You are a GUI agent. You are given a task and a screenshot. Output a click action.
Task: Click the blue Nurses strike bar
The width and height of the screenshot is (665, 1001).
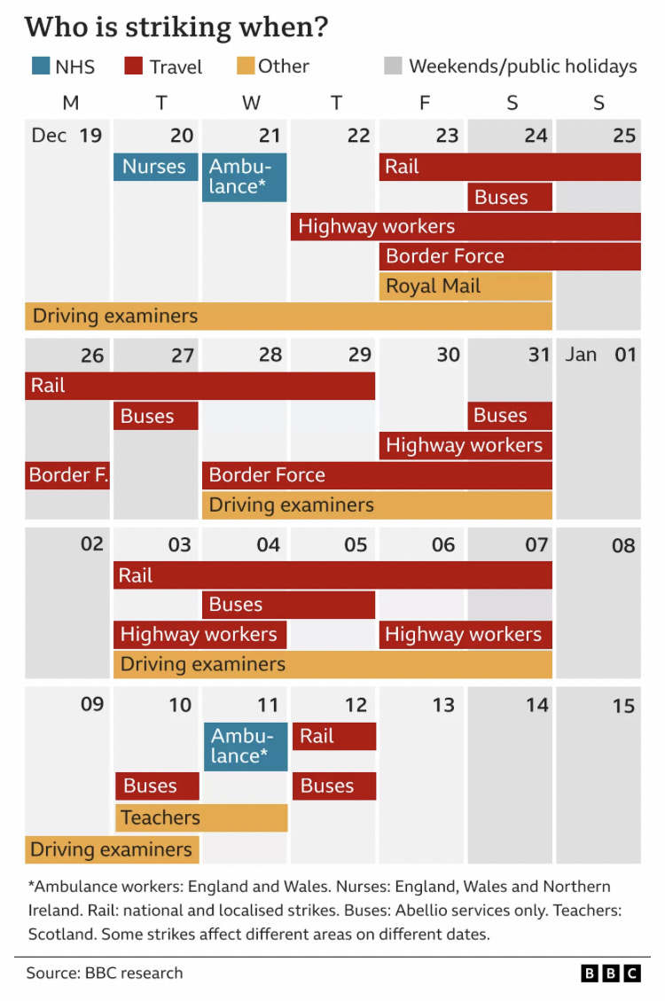tap(155, 167)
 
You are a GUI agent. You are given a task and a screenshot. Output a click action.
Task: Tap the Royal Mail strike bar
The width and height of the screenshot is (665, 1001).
tap(465, 286)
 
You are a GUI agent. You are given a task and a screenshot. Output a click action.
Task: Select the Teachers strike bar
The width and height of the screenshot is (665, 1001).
tap(201, 817)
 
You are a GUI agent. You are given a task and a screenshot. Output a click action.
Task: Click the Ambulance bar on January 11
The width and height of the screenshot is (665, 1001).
tap(246, 747)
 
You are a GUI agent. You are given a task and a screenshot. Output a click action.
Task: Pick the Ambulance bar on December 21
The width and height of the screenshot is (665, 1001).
tap(244, 177)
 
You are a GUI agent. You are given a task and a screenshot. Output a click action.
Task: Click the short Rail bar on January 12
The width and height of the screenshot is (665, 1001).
tap(333, 736)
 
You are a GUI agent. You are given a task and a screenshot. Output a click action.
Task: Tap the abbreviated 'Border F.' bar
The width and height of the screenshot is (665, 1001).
tap(67, 475)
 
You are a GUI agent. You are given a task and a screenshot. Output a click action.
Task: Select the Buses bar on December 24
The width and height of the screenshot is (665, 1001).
tap(510, 198)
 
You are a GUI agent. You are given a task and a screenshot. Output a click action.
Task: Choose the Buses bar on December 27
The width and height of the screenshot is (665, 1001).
tap(155, 416)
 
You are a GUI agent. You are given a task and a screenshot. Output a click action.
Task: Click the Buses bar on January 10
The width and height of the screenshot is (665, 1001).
tap(157, 786)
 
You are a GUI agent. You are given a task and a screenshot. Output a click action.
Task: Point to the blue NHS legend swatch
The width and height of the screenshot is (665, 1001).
tap(38, 66)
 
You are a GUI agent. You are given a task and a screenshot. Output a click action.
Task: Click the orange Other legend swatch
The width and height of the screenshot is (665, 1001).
tap(246, 66)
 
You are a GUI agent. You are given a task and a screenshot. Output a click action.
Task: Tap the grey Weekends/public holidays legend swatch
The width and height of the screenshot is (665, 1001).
tap(394, 66)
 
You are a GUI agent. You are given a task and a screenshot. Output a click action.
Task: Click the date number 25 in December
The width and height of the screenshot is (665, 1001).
tap(624, 136)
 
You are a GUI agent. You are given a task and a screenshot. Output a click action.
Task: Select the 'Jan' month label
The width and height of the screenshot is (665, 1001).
tap(582, 355)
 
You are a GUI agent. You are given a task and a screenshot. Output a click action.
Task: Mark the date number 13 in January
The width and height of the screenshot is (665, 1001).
tap(442, 705)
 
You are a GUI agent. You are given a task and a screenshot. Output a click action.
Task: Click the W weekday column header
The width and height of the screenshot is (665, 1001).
tap(251, 103)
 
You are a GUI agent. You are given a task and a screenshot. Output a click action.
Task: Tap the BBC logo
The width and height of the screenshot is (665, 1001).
tap(610, 974)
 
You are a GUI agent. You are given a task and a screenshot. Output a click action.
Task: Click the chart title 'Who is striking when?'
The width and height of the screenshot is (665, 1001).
tap(176, 27)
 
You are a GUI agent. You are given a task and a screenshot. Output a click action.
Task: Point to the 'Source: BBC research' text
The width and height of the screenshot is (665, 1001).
tap(105, 973)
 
